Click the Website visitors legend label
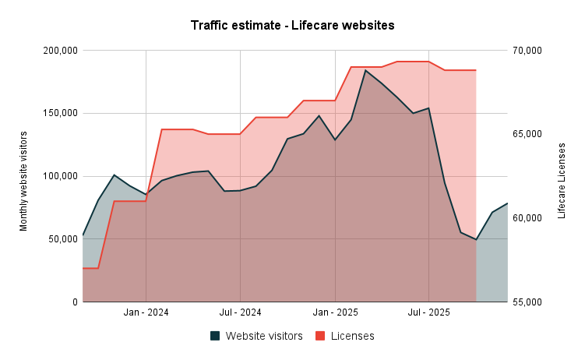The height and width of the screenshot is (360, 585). (264, 336)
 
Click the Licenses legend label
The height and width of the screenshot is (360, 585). (352, 336)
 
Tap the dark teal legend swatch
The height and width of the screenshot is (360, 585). (215, 336)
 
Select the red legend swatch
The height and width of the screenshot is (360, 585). (320, 336)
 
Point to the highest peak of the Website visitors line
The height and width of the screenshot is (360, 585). (366, 70)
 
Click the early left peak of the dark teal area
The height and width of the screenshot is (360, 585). (115, 175)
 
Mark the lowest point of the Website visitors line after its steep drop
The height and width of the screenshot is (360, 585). (476, 239)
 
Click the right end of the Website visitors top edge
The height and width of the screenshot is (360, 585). (507, 203)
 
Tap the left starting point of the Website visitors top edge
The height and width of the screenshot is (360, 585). (83, 233)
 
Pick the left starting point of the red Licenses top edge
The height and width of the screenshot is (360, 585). (83, 268)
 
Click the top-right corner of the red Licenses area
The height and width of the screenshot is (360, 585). (476, 69)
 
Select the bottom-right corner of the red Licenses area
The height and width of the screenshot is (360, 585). (476, 302)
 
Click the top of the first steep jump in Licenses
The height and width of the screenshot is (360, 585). (161, 129)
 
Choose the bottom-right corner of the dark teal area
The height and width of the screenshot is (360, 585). (507, 302)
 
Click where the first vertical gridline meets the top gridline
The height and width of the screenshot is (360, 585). (146, 50)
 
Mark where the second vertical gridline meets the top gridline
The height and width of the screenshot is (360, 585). (240, 50)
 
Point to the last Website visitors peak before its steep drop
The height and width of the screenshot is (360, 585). (429, 108)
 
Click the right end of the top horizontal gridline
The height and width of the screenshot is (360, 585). (507, 50)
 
